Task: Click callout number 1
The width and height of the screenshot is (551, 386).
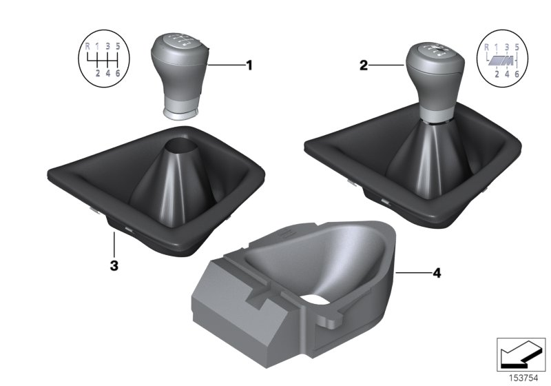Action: pos(249,66)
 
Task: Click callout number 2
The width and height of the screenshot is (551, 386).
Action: pos(363,66)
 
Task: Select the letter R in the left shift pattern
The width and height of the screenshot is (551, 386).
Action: pos(87,47)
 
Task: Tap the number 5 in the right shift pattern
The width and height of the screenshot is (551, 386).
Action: pos(517,47)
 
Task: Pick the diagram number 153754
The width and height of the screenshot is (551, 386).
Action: pos(528,378)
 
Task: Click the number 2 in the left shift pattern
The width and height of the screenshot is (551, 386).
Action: pos(98,73)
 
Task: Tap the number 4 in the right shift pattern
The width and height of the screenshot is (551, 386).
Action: pos(506,73)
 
